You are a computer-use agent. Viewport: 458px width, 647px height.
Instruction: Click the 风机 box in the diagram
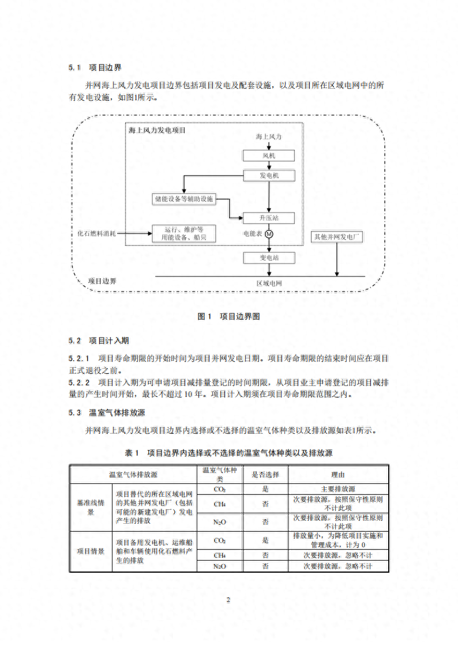tap(269, 156)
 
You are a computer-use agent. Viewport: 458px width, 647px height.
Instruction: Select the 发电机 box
tap(269, 175)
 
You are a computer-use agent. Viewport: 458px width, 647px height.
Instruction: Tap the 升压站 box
tap(269, 218)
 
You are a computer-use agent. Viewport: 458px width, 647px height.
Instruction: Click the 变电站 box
tap(269, 258)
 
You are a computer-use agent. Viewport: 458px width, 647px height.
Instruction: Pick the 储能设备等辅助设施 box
tap(184, 199)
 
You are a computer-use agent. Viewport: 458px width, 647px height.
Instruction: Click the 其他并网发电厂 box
tap(337, 237)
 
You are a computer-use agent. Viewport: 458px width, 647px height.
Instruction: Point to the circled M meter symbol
tap(269, 234)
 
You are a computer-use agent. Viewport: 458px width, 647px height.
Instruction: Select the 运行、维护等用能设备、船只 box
tap(184, 233)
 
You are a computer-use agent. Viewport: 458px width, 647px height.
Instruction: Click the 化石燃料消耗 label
tap(97, 233)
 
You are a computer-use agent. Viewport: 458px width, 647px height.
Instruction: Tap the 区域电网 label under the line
tap(269, 283)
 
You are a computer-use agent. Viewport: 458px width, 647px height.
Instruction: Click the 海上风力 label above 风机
tap(268, 137)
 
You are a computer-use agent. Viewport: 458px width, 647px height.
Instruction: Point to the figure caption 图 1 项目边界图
tap(229, 316)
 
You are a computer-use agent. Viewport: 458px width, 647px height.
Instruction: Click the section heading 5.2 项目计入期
tap(99, 340)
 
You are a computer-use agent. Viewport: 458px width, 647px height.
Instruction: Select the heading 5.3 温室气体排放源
tap(107, 413)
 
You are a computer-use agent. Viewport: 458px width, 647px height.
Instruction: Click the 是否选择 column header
tap(265, 475)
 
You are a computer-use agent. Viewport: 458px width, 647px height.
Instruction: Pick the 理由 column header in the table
tap(338, 475)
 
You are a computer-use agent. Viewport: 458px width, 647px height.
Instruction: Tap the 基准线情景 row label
tap(91, 507)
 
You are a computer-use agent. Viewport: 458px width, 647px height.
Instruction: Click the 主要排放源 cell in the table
tap(338, 489)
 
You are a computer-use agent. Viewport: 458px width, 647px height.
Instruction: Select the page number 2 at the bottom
tap(228, 600)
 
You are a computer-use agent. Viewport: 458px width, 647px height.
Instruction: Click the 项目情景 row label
tap(91, 551)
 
